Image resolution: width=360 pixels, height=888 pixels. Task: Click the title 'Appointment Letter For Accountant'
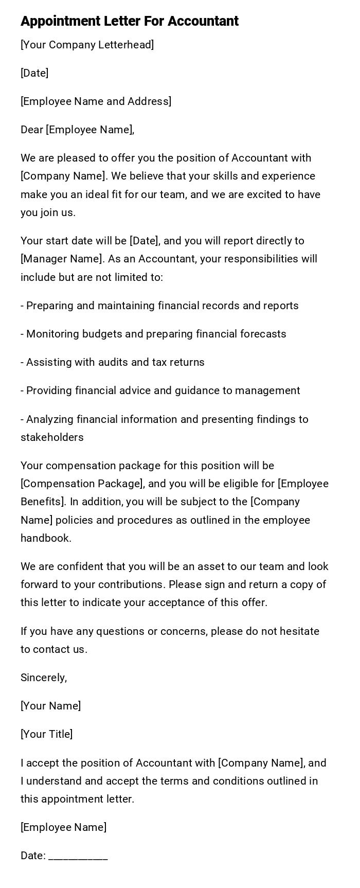tap(130, 21)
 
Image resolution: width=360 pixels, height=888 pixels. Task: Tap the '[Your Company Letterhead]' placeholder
tap(87, 45)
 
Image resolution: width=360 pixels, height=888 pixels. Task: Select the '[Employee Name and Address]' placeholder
tap(96, 101)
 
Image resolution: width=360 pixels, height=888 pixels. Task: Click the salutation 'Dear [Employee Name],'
tap(78, 130)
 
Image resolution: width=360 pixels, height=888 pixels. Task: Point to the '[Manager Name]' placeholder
tap(57, 259)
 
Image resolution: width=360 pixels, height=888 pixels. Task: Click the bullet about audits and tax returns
tap(113, 362)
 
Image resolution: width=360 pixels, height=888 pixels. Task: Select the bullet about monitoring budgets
tap(153, 334)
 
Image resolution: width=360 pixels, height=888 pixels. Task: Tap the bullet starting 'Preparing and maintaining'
tap(159, 306)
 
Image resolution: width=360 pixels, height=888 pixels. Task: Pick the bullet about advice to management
tap(160, 390)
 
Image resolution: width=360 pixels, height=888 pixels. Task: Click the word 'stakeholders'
tap(52, 437)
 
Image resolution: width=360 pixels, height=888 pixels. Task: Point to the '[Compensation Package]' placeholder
tap(82, 484)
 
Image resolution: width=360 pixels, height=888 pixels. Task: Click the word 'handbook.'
tap(46, 538)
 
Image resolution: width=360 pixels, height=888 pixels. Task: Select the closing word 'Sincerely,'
tap(44, 678)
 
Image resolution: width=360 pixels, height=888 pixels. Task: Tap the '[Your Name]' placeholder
tap(51, 706)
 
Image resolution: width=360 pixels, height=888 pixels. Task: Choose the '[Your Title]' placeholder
tap(47, 734)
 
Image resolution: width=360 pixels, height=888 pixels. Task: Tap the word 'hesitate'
tap(298, 631)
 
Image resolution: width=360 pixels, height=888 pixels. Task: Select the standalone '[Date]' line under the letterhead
tap(34, 73)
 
